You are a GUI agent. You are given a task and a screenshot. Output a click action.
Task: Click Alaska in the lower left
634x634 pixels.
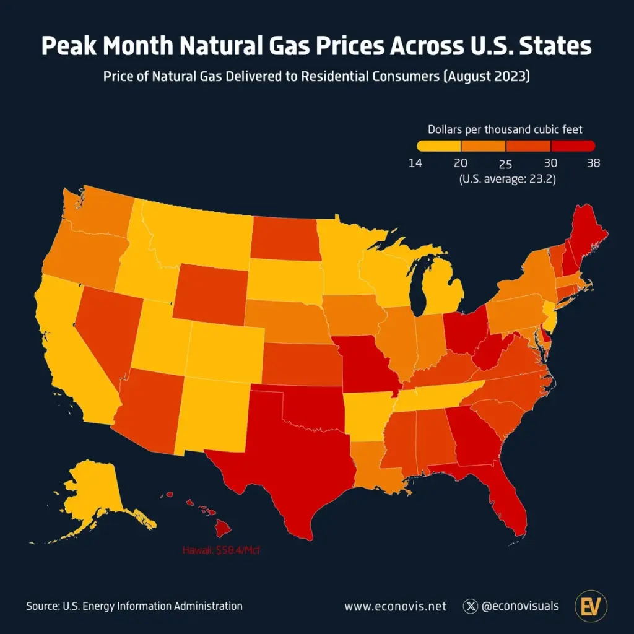point(93,495)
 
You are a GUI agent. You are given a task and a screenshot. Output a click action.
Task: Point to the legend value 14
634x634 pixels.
point(417,163)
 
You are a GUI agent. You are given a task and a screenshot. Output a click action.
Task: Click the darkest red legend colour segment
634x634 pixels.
point(573,146)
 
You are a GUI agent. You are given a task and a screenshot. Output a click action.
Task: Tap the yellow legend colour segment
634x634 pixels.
point(438,146)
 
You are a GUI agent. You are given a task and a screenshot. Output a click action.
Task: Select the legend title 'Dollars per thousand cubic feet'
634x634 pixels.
point(505,129)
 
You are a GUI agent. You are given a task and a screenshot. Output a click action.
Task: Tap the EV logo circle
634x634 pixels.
point(591,606)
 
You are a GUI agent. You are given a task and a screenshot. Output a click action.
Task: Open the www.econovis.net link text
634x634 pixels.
point(395,606)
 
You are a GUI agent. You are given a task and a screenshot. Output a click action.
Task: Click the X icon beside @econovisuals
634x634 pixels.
point(471,606)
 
